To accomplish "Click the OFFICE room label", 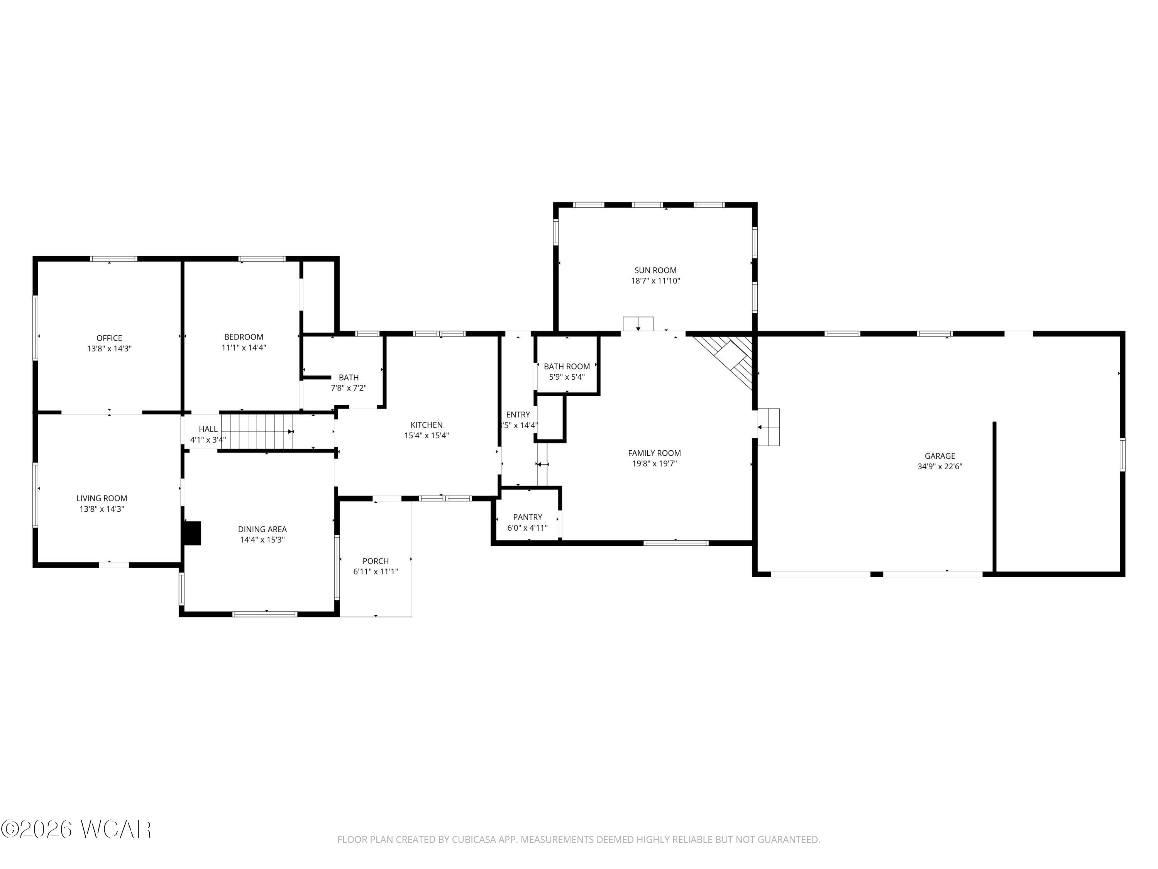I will [109, 338].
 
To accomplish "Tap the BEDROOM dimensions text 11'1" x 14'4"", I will [244, 347].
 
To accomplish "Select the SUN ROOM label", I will [655, 270].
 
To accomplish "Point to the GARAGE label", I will [939, 456].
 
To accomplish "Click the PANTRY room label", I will [527, 517].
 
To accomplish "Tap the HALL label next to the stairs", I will [208, 429].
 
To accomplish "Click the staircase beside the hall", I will [257, 431].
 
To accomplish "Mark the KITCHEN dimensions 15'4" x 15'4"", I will [426, 435].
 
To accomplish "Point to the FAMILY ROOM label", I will [654, 453].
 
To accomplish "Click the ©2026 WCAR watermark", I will [76, 829].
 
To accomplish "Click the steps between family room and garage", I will [769, 427].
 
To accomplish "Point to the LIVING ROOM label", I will [102, 498].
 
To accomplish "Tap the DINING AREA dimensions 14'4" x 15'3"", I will [262, 540].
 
